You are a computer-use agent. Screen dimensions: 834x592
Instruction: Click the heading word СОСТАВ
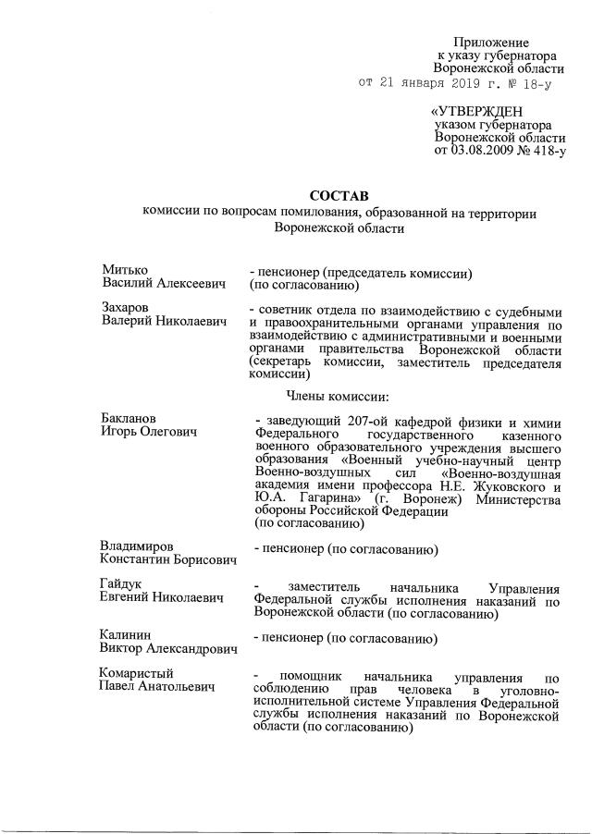pos(339,196)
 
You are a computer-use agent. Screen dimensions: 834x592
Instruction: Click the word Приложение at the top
pos(491,43)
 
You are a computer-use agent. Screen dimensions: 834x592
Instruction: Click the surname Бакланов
pos(130,417)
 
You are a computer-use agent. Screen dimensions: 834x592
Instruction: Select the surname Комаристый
pos(137,673)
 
